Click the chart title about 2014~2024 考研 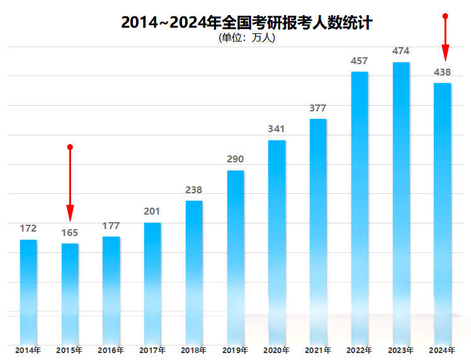tap(247, 23)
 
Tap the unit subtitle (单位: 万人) tap(247, 38)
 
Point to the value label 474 tap(401, 51)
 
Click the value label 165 tap(70, 233)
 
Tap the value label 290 tap(235, 159)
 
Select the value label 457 tap(360, 61)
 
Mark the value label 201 tap(152, 211)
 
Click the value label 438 tap(442, 72)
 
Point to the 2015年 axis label tap(70, 350)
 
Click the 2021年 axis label tap(318, 350)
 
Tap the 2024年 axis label tap(442, 350)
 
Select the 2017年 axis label tap(152, 350)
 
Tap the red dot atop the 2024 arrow tap(445, 16)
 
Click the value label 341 tap(276, 129)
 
